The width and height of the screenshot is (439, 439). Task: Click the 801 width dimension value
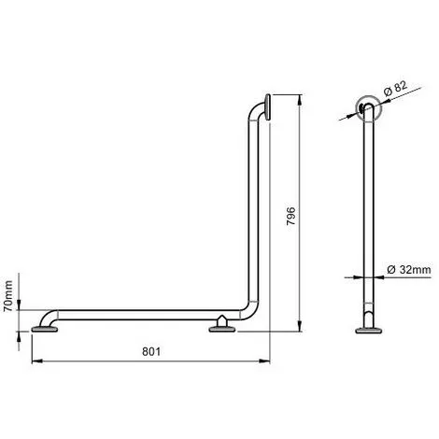click(151, 351)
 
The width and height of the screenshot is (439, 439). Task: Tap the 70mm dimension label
click(8, 296)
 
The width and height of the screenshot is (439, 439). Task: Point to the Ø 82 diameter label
click(395, 89)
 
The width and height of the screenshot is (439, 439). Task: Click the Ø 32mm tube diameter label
click(409, 269)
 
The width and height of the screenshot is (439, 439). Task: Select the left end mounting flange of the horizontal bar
click(45, 329)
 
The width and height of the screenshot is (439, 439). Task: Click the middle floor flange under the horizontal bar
click(222, 329)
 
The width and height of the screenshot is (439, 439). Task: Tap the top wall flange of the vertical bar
click(267, 107)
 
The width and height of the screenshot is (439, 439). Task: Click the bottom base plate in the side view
click(369, 330)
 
